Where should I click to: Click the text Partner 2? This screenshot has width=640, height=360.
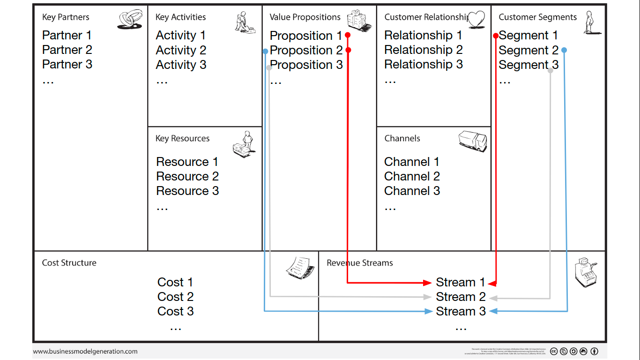pyautogui.click(x=67, y=50)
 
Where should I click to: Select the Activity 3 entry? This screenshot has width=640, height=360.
pyautogui.click(x=181, y=65)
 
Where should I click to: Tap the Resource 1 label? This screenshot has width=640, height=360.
pyautogui.click(x=187, y=162)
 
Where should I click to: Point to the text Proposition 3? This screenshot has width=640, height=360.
pyautogui.click(x=306, y=65)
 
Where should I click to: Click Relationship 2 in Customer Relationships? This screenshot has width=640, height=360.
pyautogui.click(x=423, y=50)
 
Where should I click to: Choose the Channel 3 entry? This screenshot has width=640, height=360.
pyautogui.click(x=412, y=191)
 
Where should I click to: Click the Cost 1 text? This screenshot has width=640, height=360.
pyautogui.click(x=175, y=282)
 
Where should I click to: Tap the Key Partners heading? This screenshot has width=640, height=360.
pyautogui.click(x=66, y=17)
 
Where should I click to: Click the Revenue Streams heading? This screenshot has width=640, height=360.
pyautogui.click(x=359, y=263)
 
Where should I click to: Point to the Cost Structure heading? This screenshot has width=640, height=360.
pyautogui.click(x=69, y=263)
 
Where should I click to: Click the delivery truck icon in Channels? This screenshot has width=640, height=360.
pyautogui.click(x=472, y=141)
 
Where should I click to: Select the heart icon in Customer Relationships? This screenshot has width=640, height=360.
pyautogui.click(x=476, y=20)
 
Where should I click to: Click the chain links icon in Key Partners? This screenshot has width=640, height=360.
pyautogui.click(x=130, y=20)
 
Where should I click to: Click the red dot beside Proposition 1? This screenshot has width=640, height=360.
pyautogui.click(x=348, y=35)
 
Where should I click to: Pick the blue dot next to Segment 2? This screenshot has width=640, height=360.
pyautogui.click(x=564, y=50)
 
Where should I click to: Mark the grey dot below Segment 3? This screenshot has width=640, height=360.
pyautogui.click(x=551, y=70)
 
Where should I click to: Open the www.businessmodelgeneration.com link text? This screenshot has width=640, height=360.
pyautogui.click(x=85, y=351)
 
